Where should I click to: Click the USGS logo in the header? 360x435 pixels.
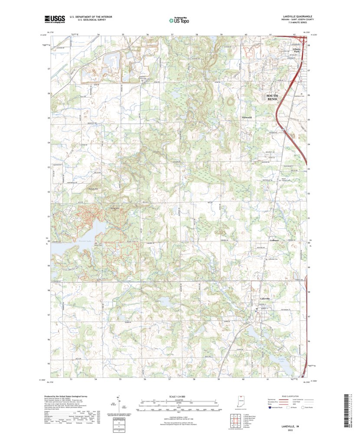pos(54,19)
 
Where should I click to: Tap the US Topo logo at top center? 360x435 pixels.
pos(179,20)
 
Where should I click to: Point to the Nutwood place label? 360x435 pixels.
pos(246,117)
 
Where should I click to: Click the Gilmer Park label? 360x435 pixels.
pos(297,50)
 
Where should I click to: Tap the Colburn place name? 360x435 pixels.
pos(274,240)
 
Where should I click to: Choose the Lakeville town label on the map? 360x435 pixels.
pos(265,299)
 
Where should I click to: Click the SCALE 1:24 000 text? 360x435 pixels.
pos(179,396)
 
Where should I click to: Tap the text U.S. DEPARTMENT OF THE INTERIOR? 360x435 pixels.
pos(88,16)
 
